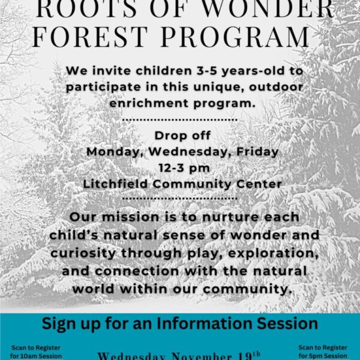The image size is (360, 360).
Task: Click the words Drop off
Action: tap(182, 136)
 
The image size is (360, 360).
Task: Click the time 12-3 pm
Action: tap(181, 168)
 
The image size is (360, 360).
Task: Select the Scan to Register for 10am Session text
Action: tap(35, 351)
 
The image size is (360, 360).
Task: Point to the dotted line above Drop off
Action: tap(180, 119)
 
